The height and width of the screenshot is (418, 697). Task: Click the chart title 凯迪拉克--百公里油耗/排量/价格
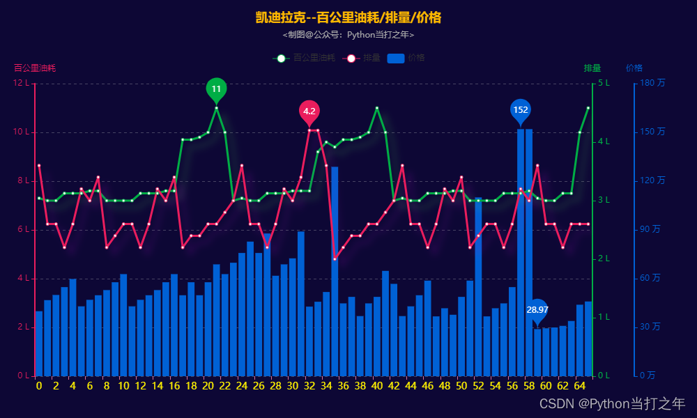(348, 17)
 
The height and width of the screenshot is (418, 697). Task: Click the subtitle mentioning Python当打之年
(348, 34)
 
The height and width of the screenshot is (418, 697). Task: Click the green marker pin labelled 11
(216, 89)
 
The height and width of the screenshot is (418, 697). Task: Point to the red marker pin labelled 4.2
(309, 111)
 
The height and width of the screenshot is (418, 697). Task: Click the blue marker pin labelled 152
(521, 110)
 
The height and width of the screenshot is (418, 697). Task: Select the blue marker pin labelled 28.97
(537, 310)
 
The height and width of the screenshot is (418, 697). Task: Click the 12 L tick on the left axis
(22, 84)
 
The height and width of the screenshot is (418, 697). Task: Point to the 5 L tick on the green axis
(604, 84)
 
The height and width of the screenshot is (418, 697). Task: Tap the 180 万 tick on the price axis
(651, 84)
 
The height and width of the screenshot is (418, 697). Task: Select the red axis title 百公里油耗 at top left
(35, 68)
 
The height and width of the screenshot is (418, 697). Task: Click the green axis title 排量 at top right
(592, 68)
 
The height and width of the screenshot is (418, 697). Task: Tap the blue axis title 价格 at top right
(634, 68)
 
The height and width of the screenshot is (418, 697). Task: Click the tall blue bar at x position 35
(335, 272)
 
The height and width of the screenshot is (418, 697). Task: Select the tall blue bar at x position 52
(478, 286)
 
